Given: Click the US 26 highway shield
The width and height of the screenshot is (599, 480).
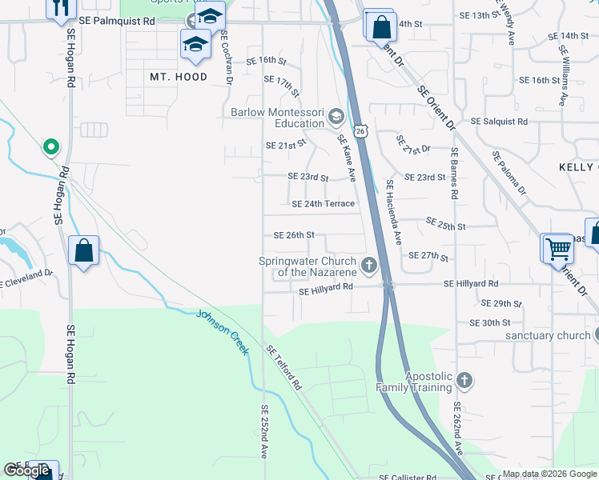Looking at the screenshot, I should [360, 130].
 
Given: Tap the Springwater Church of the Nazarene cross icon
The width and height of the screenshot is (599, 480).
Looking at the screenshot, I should [369, 266].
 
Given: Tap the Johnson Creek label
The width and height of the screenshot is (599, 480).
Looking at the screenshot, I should [223, 330].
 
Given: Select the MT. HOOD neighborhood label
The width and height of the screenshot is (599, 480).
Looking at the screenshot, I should [179, 78].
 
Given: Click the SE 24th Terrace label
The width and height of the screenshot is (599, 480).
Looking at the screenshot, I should [323, 204].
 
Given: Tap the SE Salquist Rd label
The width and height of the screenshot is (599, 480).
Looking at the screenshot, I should [500, 122].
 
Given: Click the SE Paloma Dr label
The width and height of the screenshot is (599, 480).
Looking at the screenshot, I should [509, 174].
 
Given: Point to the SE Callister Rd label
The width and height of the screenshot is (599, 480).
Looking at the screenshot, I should [407, 477].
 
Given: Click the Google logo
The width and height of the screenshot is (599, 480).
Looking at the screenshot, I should [26, 470].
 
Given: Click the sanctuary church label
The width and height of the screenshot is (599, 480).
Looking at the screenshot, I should [549, 336].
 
